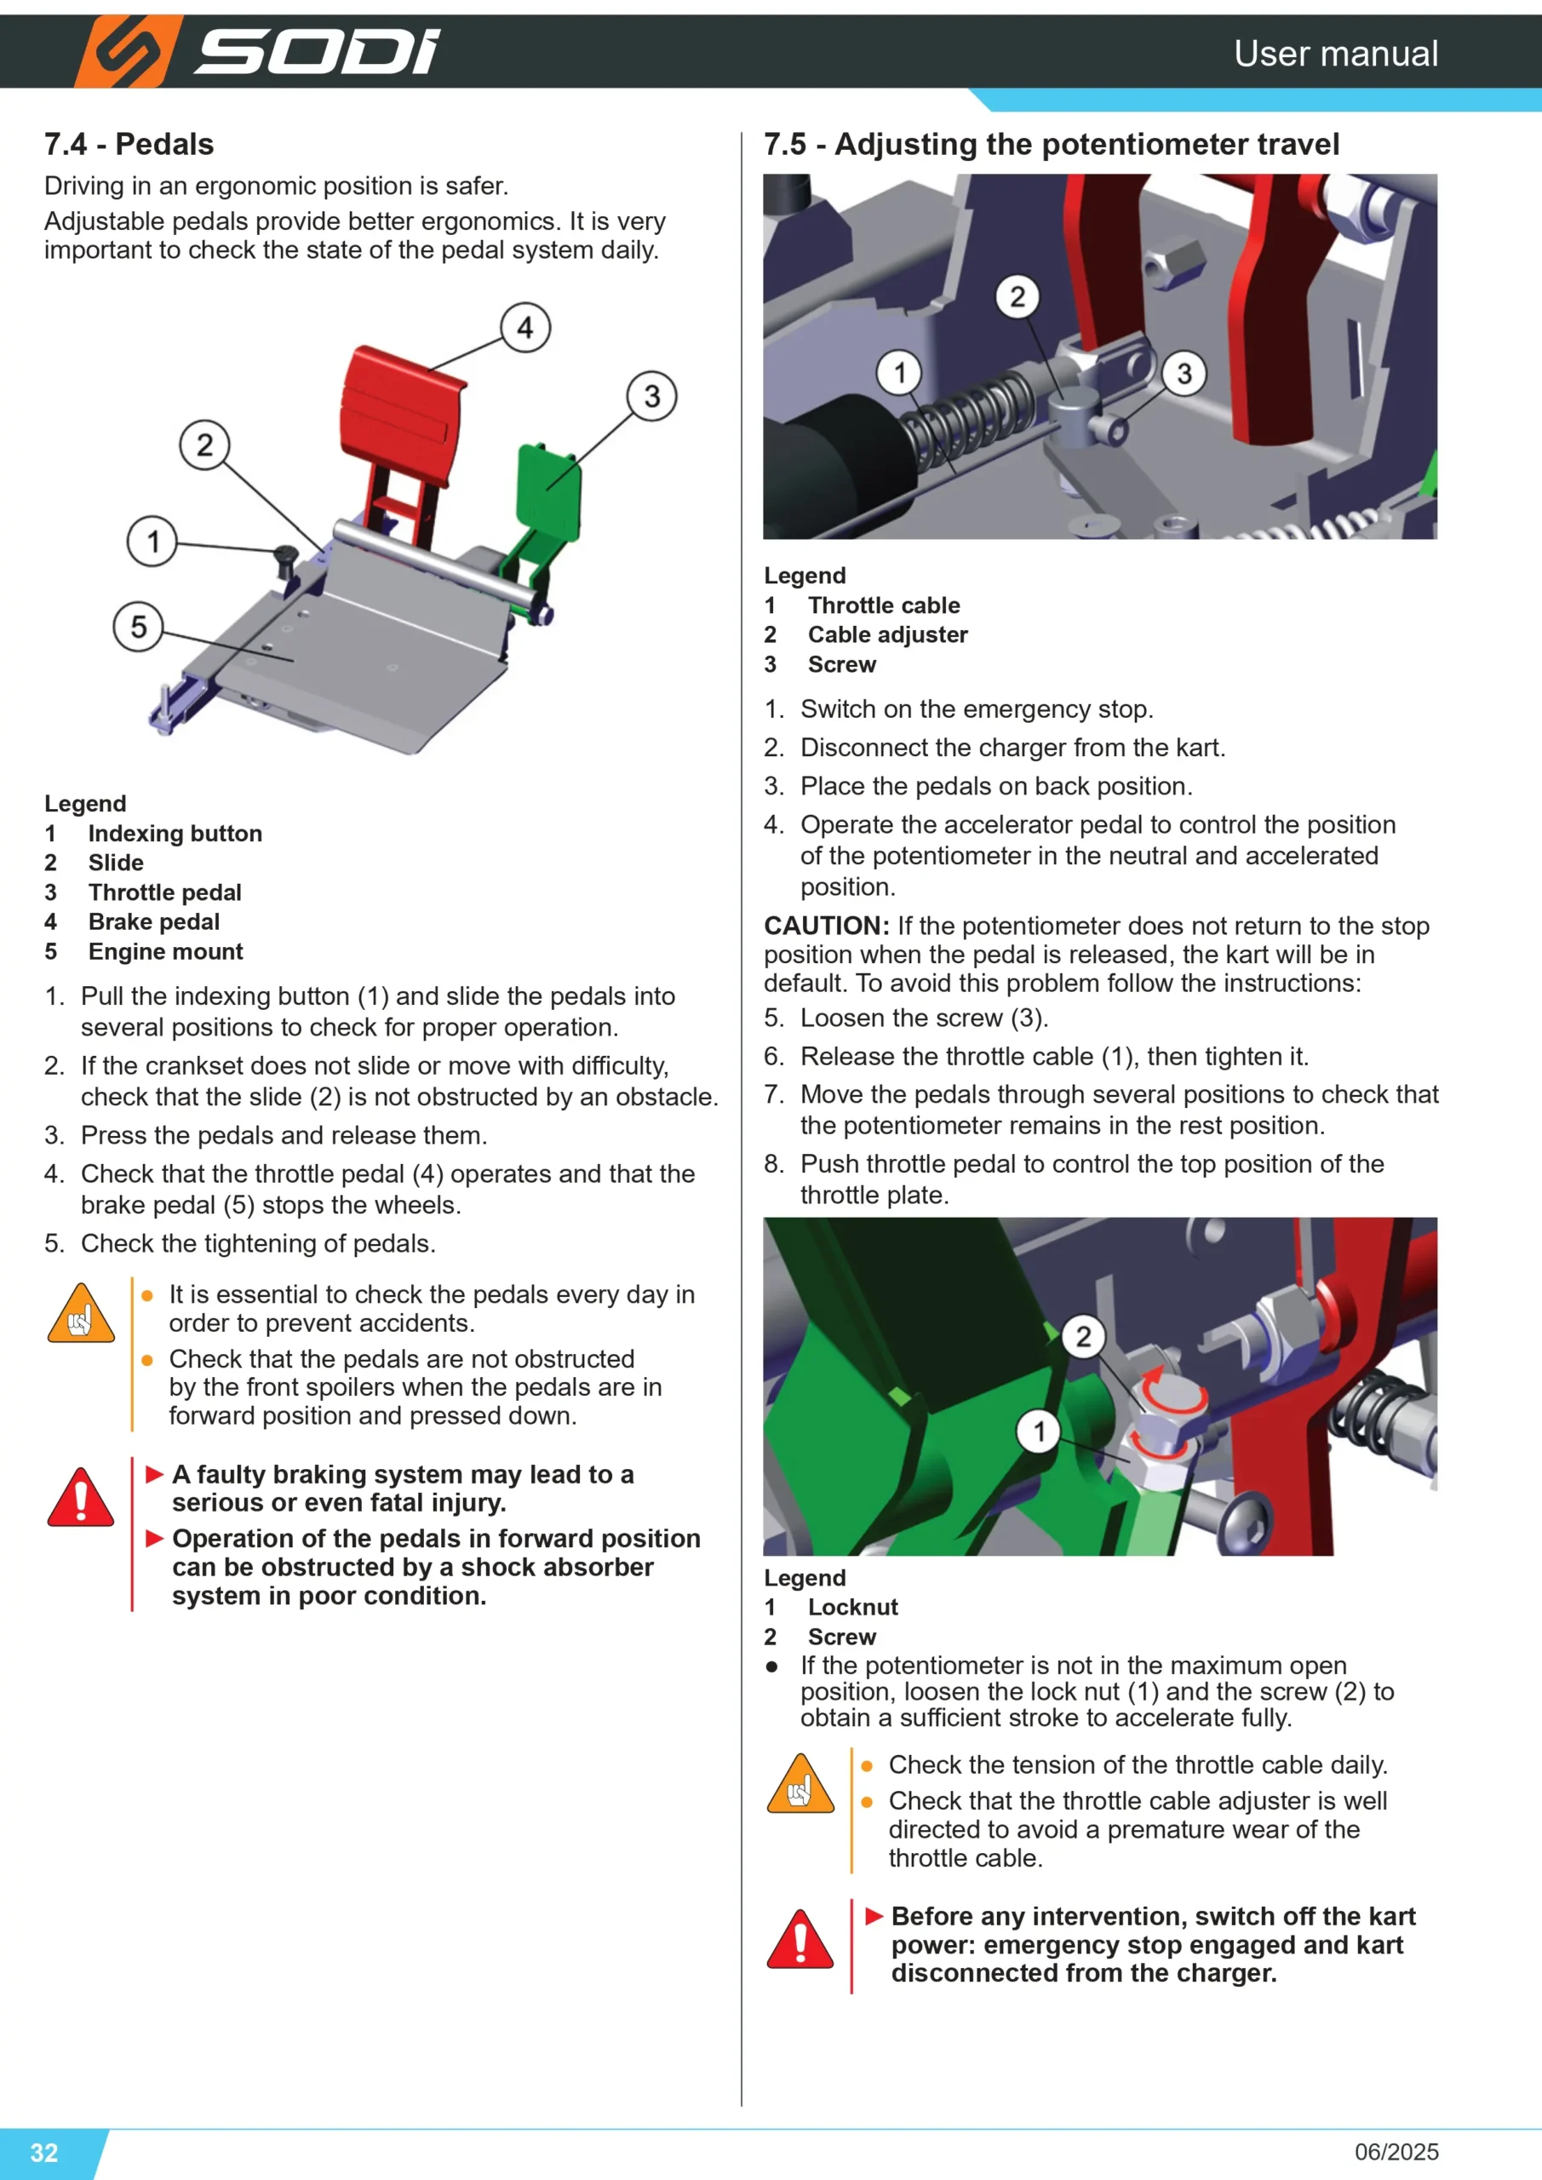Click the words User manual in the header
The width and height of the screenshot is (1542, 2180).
(x=1335, y=53)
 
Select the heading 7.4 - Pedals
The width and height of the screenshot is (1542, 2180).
(x=129, y=144)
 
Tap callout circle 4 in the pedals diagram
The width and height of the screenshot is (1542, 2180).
(x=525, y=328)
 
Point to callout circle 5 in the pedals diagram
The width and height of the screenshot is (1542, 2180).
(x=139, y=627)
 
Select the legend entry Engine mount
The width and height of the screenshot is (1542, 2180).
(x=165, y=951)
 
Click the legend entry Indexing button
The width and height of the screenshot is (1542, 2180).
(x=175, y=834)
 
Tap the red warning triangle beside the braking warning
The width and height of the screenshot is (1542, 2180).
(x=81, y=1497)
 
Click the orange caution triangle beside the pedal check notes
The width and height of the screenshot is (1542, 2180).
(x=81, y=1314)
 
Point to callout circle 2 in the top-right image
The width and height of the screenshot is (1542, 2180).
(x=1017, y=297)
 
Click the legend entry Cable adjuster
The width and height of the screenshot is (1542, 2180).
(x=888, y=635)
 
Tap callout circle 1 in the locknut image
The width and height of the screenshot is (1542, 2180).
(x=1040, y=1431)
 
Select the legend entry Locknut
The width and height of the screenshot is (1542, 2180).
(x=852, y=1608)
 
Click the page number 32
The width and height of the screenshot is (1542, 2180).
(x=44, y=2153)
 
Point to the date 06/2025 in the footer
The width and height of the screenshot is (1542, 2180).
(x=1396, y=2152)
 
